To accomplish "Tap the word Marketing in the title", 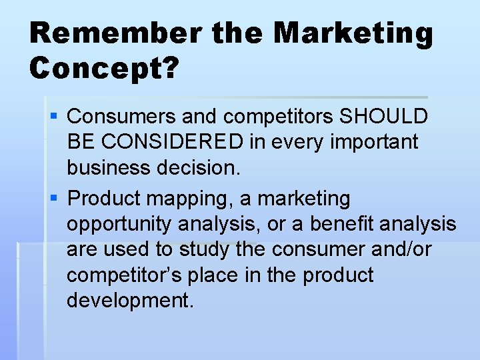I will tap(353, 33).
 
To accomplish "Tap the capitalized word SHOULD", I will tap(384, 117).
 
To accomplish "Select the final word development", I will tap(130, 301).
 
